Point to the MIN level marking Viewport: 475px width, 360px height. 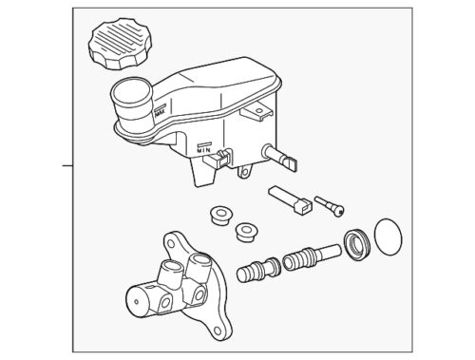[202, 147]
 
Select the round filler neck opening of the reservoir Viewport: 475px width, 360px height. [128, 95]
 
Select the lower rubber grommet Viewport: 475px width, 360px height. [248, 231]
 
